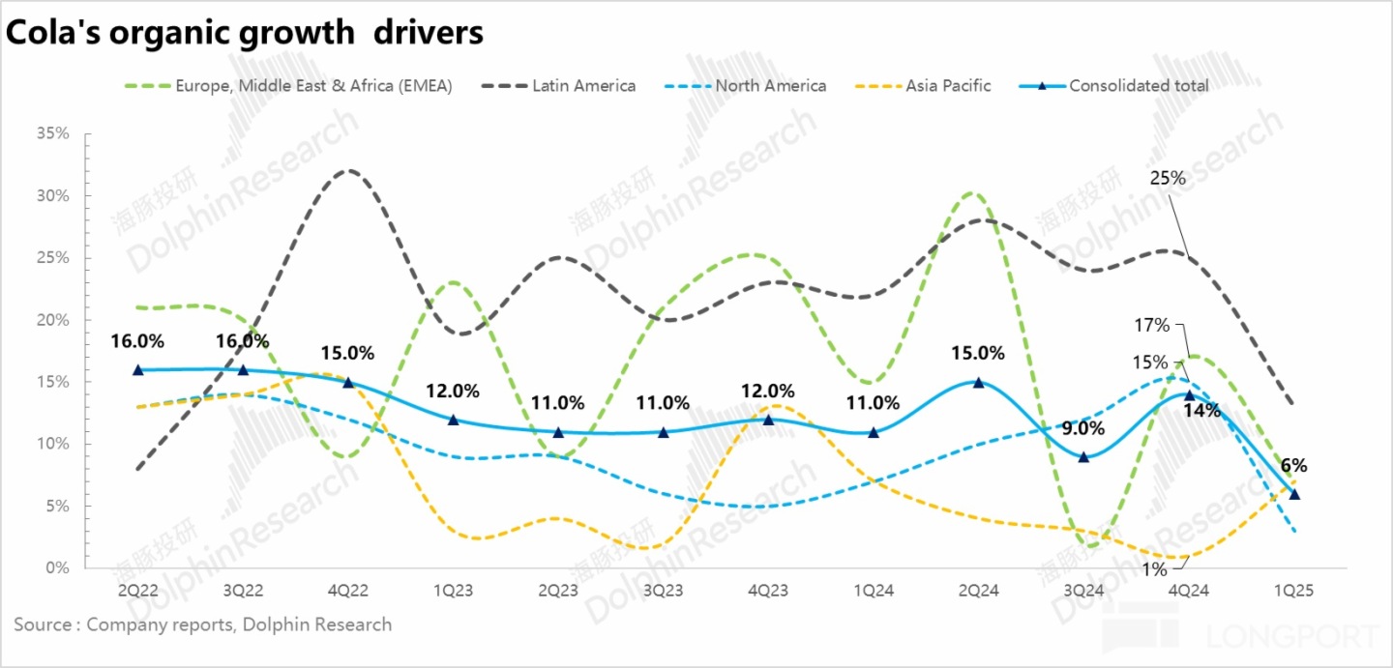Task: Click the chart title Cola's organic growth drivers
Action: click(245, 33)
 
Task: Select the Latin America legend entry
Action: click(583, 86)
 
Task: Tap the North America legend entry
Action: click(770, 86)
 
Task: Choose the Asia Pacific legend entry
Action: click(947, 86)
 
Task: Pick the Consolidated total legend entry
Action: click(1138, 86)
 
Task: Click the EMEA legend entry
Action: click(312, 86)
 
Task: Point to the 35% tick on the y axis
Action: click(53, 133)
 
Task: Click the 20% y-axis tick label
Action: click(53, 320)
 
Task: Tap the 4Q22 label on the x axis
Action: click(347, 591)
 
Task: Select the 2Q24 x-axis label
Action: click(978, 591)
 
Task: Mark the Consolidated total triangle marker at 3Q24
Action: click(1083, 456)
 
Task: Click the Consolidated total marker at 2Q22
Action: click(137, 369)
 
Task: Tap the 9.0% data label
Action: click(1083, 427)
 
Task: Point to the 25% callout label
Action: click(1167, 178)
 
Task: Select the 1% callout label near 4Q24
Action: click(1153, 569)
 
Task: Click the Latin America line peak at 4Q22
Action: click(347, 171)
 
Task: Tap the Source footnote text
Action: click(203, 624)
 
